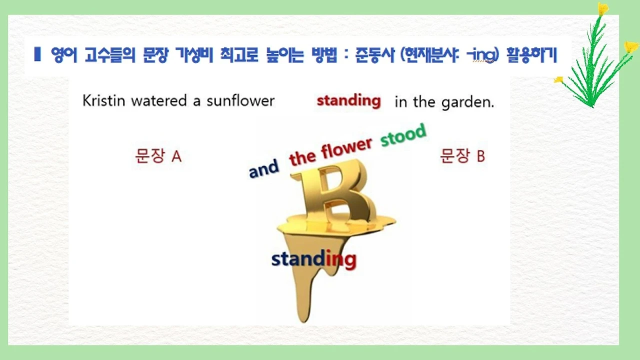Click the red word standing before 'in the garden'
(348, 100)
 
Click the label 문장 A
(158, 156)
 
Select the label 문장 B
(462, 156)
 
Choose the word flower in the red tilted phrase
(346, 148)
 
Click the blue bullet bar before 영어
(37, 53)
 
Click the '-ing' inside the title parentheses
(483, 55)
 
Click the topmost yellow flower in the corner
(603, 9)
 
